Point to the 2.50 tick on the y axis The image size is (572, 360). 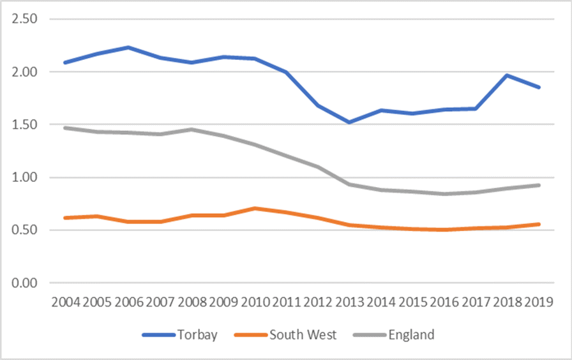click(24, 19)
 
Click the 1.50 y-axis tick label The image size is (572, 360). click(24, 124)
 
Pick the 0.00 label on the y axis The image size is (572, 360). click(24, 283)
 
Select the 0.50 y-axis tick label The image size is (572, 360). click(24, 230)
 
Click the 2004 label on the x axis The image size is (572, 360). click(66, 301)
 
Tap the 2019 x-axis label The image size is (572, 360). click(539, 301)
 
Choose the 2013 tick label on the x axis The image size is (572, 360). click(350, 301)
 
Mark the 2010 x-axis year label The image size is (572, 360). click(255, 301)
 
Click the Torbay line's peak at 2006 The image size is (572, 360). click(128, 47)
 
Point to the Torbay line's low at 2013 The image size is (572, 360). click(350, 122)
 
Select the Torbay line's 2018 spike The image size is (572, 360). click(508, 75)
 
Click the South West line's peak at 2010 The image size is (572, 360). click(255, 208)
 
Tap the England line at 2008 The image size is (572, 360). click(192, 130)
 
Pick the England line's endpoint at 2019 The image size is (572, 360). click(539, 185)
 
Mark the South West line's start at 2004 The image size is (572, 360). click(66, 218)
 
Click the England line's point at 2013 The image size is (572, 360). click(350, 184)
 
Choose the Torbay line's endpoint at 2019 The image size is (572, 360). click(539, 87)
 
